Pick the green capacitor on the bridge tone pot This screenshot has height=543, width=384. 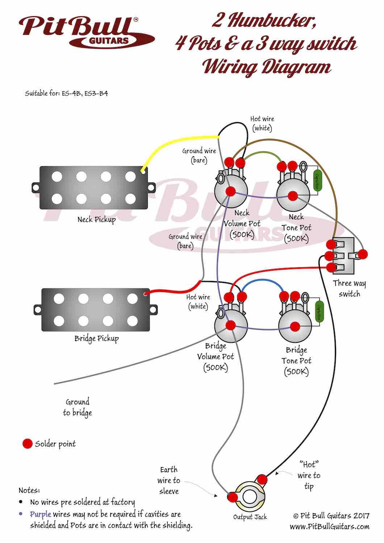(x=319, y=311)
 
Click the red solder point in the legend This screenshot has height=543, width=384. (x=28, y=444)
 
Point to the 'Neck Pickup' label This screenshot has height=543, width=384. (x=96, y=220)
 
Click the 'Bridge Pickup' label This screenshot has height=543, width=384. (x=96, y=339)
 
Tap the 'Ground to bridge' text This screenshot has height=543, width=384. (x=77, y=407)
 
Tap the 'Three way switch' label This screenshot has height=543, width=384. (x=349, y=289)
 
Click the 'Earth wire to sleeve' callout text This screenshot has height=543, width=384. (x=169, y=480)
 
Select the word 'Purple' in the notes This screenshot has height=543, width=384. (x=40, y=514)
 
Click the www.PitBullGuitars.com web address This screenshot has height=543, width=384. (x=329, y=526)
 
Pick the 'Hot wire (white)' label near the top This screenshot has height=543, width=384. (x=262, y=123)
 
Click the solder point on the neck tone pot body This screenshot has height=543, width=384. (x=293, y=196)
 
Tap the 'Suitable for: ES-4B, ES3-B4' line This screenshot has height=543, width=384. (x=66, y=93)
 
